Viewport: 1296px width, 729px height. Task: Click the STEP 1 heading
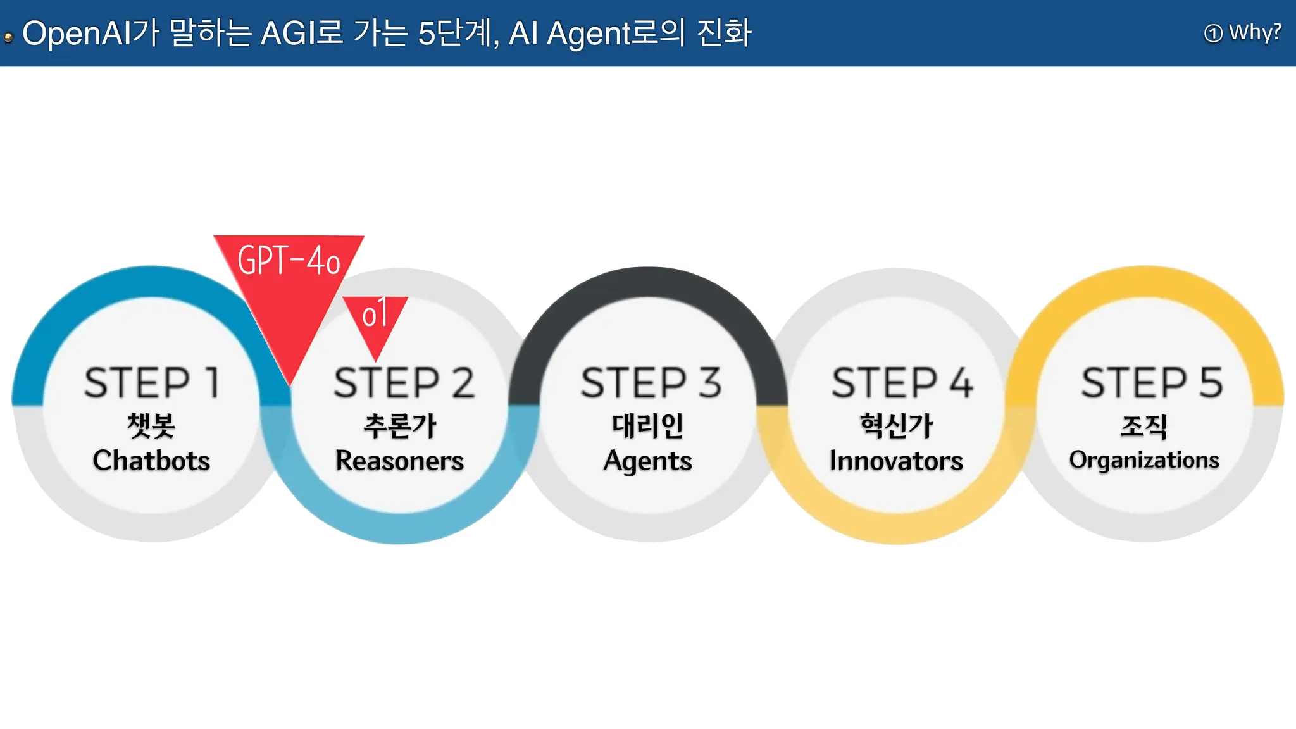(152, 382)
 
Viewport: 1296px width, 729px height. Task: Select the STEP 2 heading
(404, 382)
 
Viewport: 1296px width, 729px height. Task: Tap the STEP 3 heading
(651, 382)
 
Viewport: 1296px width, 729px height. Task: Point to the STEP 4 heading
(902, 382)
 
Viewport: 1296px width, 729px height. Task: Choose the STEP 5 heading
(1151, 382)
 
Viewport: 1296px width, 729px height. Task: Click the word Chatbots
(151, 460)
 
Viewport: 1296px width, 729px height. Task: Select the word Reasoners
(399, 460)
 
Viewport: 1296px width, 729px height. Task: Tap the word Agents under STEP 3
(647, 461)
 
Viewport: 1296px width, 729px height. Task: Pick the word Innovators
(896, 460)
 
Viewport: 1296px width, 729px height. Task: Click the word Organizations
(1144, 459)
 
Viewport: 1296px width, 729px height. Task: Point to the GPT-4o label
(289, 260)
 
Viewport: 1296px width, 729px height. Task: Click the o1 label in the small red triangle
(375, 314)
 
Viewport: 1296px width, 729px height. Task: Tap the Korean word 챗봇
(151, 425)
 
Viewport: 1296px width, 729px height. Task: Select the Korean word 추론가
(399, 425)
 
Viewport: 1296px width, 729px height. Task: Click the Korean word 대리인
(647, 425)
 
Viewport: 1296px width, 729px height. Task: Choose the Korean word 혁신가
(896, 425)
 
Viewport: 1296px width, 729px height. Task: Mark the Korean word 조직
(1143, 426)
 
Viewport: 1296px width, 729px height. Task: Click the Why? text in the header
(1255, 32)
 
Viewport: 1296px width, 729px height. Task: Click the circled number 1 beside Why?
(1213, 33)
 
